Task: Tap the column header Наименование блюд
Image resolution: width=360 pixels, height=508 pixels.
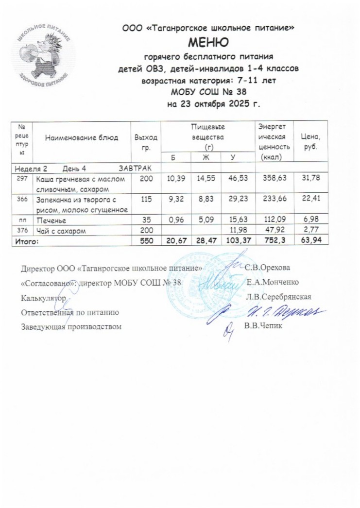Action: (82, 138)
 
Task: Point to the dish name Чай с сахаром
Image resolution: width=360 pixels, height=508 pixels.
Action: (59, 232)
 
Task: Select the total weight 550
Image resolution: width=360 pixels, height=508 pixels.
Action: (146, 241)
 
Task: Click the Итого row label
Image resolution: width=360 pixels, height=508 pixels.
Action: (27, 241)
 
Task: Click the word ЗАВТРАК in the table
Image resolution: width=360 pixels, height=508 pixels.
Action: (135, 169)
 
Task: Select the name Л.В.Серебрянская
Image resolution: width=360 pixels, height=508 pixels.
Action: (278, 297)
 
